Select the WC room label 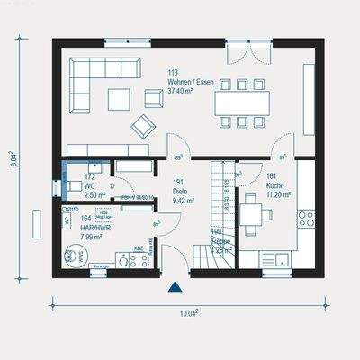pyautogui.click(x=90, y=185)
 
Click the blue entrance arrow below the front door pyautogui.click(x=175, y=288)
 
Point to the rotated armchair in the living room pyautogui.click(x=142, y=126)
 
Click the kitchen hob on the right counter pyautogui.click(x=306, y=218)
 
